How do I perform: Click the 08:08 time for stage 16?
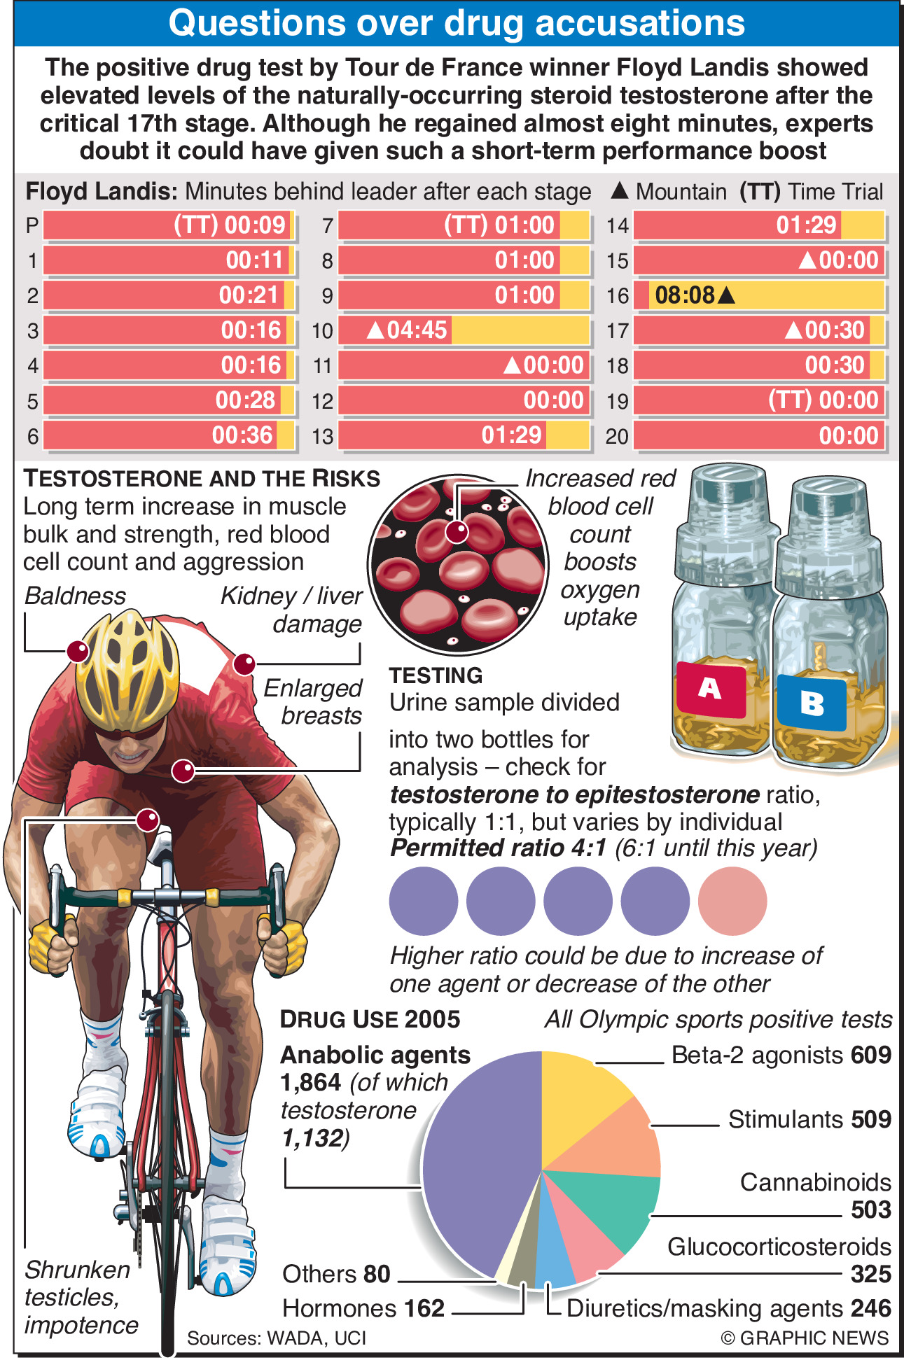[x=685, y=295]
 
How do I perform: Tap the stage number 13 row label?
[x=322, y=436]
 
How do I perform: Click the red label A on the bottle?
[x=710, y=689]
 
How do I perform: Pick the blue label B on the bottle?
[x=812, y=702]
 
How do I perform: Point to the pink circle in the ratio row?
[x=732, y=901]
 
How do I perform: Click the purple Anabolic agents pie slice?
[x=476, y=1176]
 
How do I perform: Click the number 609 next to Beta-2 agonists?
[x=871, y=1055]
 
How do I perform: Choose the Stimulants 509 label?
[x=809, y=1119]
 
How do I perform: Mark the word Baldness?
[x=75, y=596]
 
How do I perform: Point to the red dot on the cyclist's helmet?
[x=78, y=652]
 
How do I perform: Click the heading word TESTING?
[x=436, y=675]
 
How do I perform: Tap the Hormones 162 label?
[x=363, y=1308]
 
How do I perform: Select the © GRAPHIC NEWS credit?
[x=805, y=1338]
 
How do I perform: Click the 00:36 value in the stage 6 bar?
[x=242, y=435]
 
